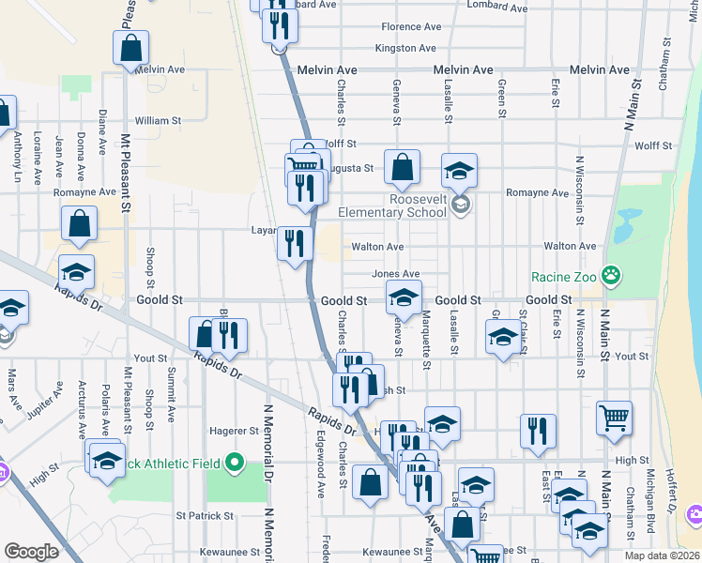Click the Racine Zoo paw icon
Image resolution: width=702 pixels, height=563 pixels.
tap(612, 275)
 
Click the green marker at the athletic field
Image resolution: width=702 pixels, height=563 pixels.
tap(237, 462)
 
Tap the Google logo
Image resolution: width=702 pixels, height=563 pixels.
tap(31, 552)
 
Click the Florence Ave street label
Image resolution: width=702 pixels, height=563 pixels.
tap(411, 27)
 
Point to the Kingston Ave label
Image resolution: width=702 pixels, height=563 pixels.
tap(405, 48)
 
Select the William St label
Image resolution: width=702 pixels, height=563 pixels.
tap(158, 121)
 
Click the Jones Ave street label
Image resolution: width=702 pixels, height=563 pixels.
tap(395, 274)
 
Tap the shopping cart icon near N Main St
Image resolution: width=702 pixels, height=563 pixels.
tap(615, 416)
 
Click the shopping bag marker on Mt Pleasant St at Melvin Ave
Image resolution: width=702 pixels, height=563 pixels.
tap(131, 47)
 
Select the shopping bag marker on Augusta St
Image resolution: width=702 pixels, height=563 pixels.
tap(402, 168)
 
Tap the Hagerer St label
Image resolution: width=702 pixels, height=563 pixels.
tap(235, 432)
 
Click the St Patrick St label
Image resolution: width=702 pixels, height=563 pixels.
tap(205, 516)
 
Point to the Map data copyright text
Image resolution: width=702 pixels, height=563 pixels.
tap(660, 555)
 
